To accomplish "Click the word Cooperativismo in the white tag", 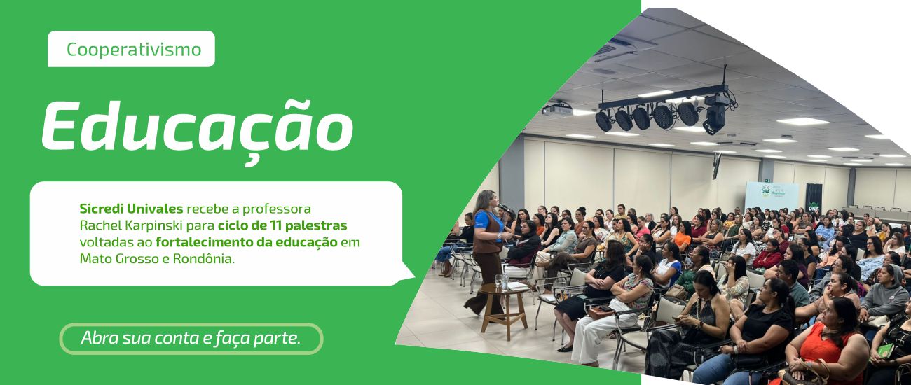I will [133, 50].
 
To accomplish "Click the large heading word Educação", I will [197, 127].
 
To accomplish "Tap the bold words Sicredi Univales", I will [131, 209].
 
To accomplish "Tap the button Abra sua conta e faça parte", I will [191, 338].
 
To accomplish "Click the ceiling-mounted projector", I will [557, 110].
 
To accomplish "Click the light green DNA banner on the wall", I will [771, 196].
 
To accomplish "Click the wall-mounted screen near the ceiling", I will [716, 165].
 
